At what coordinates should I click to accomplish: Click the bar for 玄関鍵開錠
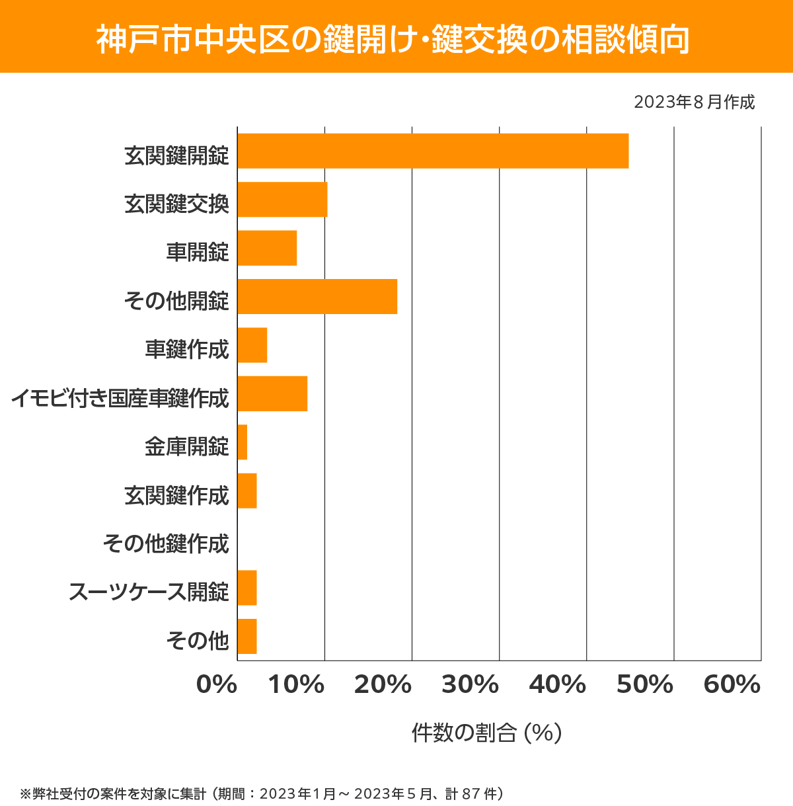pos(433,151)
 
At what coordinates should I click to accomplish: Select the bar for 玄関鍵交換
pos(282,199)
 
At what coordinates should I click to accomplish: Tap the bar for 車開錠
pos(267,248)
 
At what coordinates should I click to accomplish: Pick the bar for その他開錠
pos(317,296)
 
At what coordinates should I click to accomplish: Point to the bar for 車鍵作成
pos(252,345)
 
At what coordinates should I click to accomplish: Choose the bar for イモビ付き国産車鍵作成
pos(272,393)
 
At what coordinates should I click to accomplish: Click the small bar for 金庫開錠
pos(243,442)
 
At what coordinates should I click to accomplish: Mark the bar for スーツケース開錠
pos(247,588)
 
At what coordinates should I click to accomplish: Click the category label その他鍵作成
pos(166,544)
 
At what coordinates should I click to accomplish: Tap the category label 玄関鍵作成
pos(176,495)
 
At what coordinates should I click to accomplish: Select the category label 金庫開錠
pos(187,446)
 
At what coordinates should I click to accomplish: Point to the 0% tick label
pos(217,685)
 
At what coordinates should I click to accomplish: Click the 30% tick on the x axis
pos(470,685)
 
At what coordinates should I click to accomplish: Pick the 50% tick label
pos(644,685)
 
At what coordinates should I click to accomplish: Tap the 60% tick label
pos(732,685)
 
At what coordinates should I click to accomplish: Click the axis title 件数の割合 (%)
pos(486,733)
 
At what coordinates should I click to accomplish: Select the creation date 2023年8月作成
pos(694,102)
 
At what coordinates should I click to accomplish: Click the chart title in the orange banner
pos(393,40)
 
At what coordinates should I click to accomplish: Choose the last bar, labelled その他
pos(247,636)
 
